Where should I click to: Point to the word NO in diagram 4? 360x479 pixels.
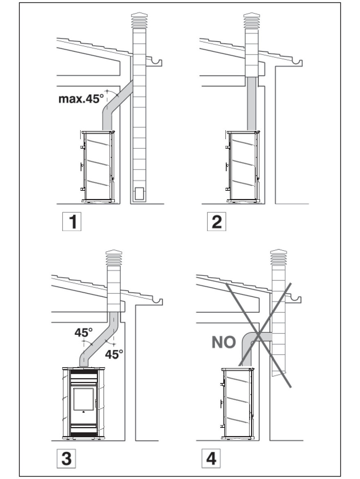point(224,342)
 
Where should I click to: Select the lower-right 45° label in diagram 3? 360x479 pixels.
point(114,354)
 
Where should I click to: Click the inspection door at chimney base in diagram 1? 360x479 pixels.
point(139,192)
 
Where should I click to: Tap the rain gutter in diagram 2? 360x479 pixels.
point(295,63)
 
